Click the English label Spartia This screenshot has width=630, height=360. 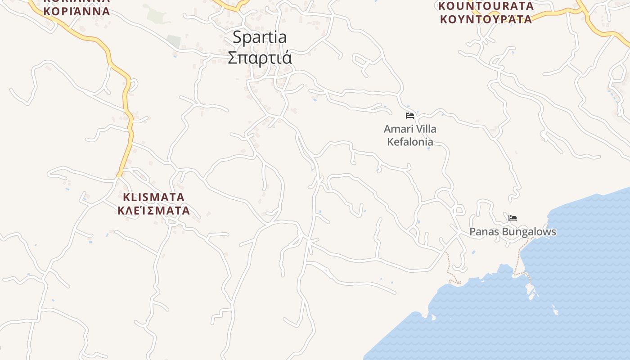click(x=260, y=38)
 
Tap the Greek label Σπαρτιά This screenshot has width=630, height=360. click(x=260, y=58)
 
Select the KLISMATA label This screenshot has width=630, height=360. click(x=153, y=197)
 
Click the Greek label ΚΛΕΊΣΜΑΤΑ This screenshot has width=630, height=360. click(x=153, y=210)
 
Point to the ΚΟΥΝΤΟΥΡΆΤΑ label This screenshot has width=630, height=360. click(x=486, y=19)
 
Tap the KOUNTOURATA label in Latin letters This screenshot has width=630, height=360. click(x=486, y=6)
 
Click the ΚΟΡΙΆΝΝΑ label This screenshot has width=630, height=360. click(x=76, y=11)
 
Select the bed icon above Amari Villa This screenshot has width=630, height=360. click(x=409, y=116)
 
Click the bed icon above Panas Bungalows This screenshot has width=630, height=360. click(x=512, y=219)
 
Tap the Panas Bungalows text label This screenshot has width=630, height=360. click(x=513, y=232)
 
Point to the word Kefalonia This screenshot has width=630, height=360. click(x=410, y=142)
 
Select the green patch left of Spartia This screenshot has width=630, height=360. click(x=155, y=16)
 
